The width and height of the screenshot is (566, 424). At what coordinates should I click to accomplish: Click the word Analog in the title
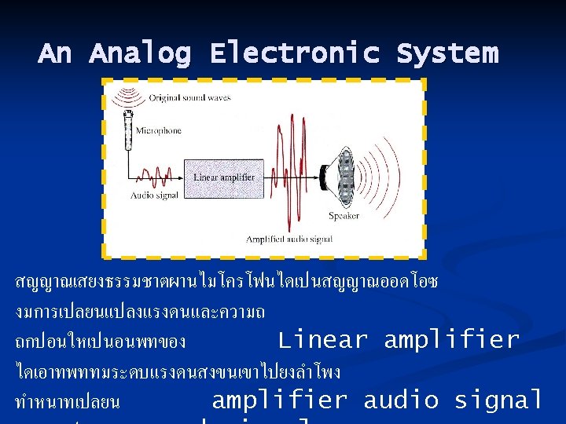pyautogui.click(x=140, y=53)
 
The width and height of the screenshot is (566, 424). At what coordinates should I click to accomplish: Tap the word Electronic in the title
pyautogui.click(x=294, y=53)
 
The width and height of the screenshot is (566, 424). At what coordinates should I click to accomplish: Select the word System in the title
pyautogui.click(x=447, y=53)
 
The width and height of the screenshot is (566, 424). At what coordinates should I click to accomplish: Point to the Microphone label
pyautogui.click(x=158, y=130)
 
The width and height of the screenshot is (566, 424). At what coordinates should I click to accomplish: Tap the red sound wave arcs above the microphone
pyautogui.click(x=126, y=97)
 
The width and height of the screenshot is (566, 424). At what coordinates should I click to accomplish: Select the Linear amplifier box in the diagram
pyautogui.click(x=224, y=177)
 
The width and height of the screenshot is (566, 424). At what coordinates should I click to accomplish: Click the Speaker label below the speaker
pyautogui.click(x=344, y=215)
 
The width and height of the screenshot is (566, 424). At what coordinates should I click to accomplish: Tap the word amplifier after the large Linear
pyautogui.click(x=451, y=340)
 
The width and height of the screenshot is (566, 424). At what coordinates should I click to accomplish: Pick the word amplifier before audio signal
pyautogui.click(x=280, y=400)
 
